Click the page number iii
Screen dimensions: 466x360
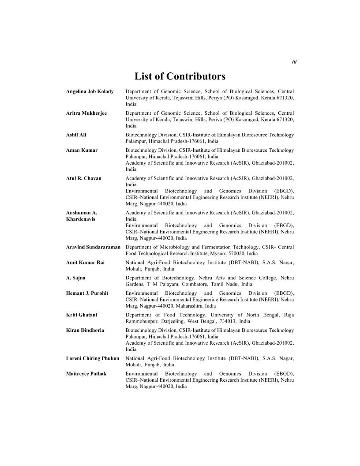tap(294, 62)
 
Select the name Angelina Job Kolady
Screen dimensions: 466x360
tap(90, 91)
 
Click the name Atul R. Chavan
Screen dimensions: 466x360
tap(84, 178)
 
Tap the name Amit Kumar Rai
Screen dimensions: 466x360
tap(85, 263)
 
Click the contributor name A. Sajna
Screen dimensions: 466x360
tap(75, 278)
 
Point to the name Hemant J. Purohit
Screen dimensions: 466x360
tap(87, 293)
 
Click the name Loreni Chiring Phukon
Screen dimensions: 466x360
tap(93, 358)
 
